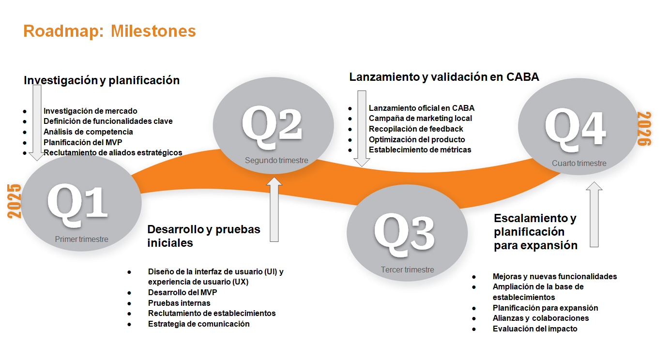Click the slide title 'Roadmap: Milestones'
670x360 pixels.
(x=109, y=31)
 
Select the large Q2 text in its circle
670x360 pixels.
(x=272, y=127)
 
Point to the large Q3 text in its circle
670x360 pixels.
(x=404, y=235)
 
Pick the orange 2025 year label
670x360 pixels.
(x=15, y=201)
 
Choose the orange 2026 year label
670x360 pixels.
(x=644, y=129)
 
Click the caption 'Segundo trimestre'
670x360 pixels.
(x=276, y=160)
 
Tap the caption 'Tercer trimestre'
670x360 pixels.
(x=408, y=270)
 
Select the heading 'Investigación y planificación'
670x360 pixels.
(x=102, y=80)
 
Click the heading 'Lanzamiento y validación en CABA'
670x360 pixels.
(x=444, y=77)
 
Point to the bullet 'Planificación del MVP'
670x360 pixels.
(x=83, y=142)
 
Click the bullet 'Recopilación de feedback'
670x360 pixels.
(x=416, y=129)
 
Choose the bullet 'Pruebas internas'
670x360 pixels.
(x=179, y=303)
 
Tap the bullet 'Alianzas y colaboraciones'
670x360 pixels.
(x=541, y=318)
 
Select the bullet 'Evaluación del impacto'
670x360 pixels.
(x=535, y=329)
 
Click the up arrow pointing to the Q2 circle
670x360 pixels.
(x=274, y=210)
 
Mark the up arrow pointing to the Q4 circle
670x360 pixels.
(x=594, y=214)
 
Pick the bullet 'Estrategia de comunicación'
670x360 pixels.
(x=198, y=324)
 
